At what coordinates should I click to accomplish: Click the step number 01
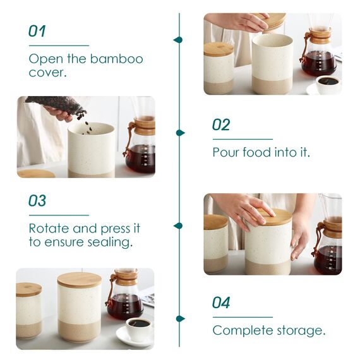coord(37,31)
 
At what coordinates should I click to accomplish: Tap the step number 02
coord(221,124)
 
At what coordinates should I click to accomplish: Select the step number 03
coord(37,201)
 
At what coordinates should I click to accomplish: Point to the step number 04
coord(221,303)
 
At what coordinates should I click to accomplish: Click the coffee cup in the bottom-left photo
coord(138,328)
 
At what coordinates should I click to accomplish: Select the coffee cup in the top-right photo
coord(327,83)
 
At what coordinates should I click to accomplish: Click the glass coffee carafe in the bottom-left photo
coord(124,297)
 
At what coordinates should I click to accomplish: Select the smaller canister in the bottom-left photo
coord(29,311)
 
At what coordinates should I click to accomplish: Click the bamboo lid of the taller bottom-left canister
coord(80,280)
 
